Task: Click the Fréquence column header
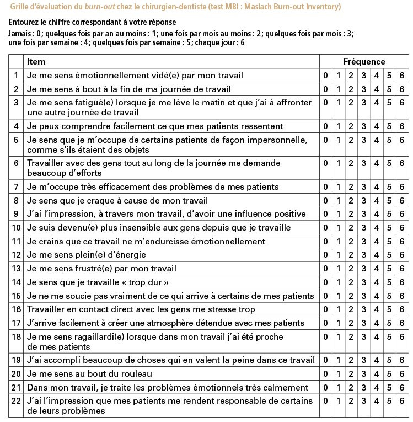tap(364, 62)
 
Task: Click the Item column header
tap(36, 62)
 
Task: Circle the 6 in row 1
tap(402, 76)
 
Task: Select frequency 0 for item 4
tap(325, 126)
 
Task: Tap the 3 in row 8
tap(364, 201)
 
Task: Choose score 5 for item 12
tap(389, 255)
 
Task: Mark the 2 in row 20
tap(351, 374)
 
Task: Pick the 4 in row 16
tap(377, 309)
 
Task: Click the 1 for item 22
tap(338, 401)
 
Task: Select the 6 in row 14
tap(402, 282)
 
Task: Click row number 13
tap(16, 269)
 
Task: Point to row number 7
tap(16, 188)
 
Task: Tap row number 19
tap(16, 361)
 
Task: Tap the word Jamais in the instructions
tap(20, 34)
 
